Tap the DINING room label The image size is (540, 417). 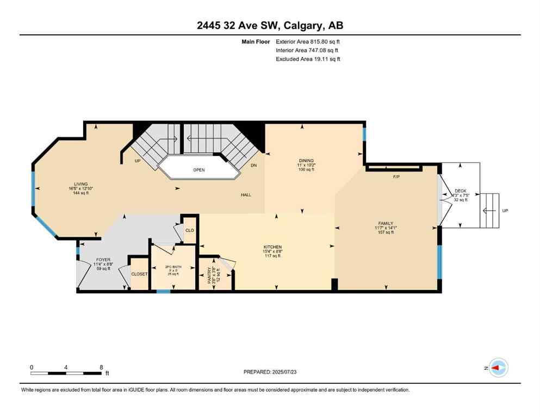click(307, 161)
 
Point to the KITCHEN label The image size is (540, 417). click(272, 247)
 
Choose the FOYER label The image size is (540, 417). click(103, 260)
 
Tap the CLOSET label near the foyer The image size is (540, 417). click(139, 274)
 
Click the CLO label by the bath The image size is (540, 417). click(190, 230)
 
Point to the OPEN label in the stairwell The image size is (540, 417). click(199, 170)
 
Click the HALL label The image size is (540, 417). click(245, 195)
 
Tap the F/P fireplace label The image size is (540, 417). click(396, 177)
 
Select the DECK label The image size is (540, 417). click(460, 191)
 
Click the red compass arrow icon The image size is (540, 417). click(496, 368)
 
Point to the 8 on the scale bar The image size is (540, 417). click(101, 367)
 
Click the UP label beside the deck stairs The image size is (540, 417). click(505, 211)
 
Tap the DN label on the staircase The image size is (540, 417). click(253, 166)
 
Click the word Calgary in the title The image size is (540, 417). click(297, 26)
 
